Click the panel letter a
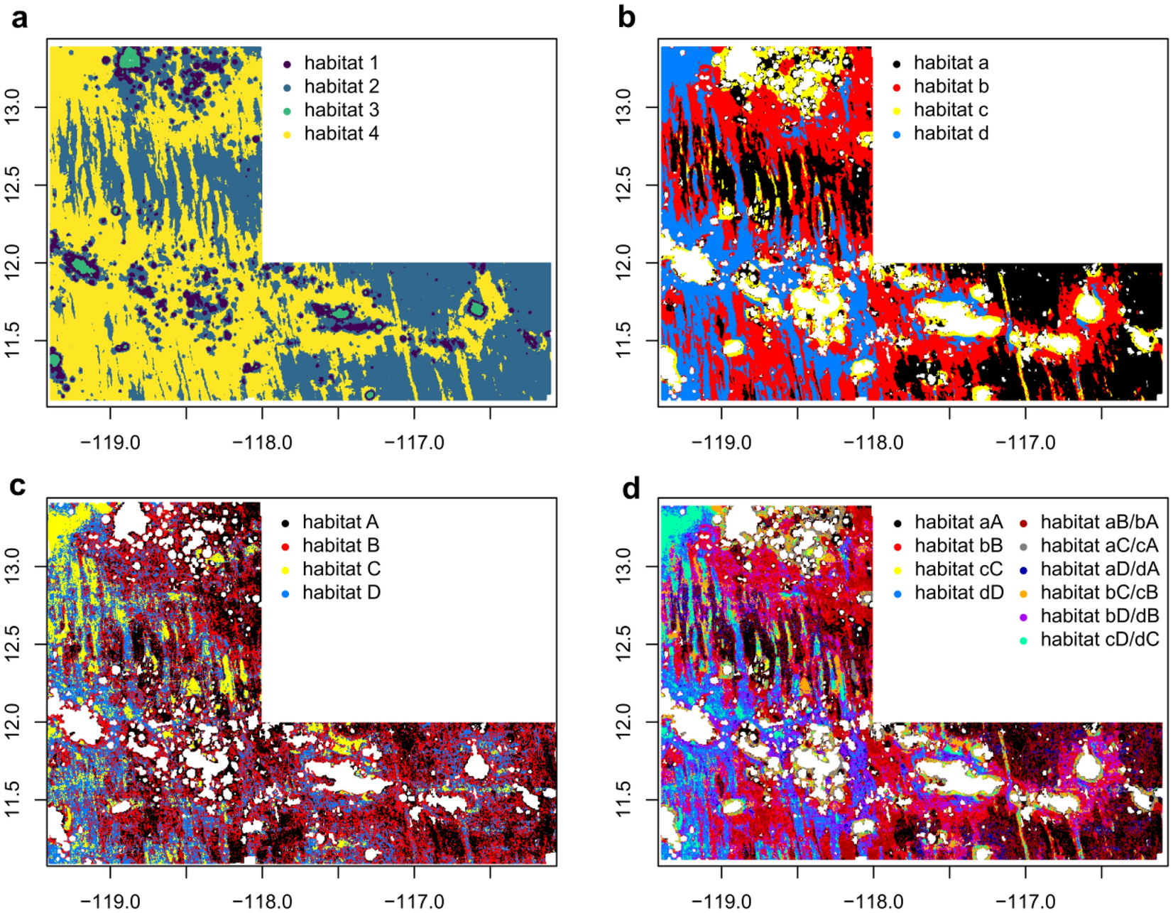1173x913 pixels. [x=20, y=17]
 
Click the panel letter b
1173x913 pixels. [x=626, y=17]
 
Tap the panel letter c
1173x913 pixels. [x=18, y=486]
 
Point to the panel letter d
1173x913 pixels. [x=631, y=488]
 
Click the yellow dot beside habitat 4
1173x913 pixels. [x=287, y=134]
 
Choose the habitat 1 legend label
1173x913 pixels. [x=342, y=63]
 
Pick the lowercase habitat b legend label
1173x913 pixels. [x=951, y=87]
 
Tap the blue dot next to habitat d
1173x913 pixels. [x=897, y=134]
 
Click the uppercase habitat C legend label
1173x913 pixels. [x=342, y=569]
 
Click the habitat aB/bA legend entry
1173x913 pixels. [x=1099, y=523]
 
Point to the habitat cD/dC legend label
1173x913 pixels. [x=1099, y=640]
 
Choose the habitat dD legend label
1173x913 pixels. [x=959, y=593]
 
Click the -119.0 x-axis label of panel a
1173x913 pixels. [x=110, y=443]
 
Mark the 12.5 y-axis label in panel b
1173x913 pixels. [x=623, y=185]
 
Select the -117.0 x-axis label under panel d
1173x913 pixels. [x=1025, y=902]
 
